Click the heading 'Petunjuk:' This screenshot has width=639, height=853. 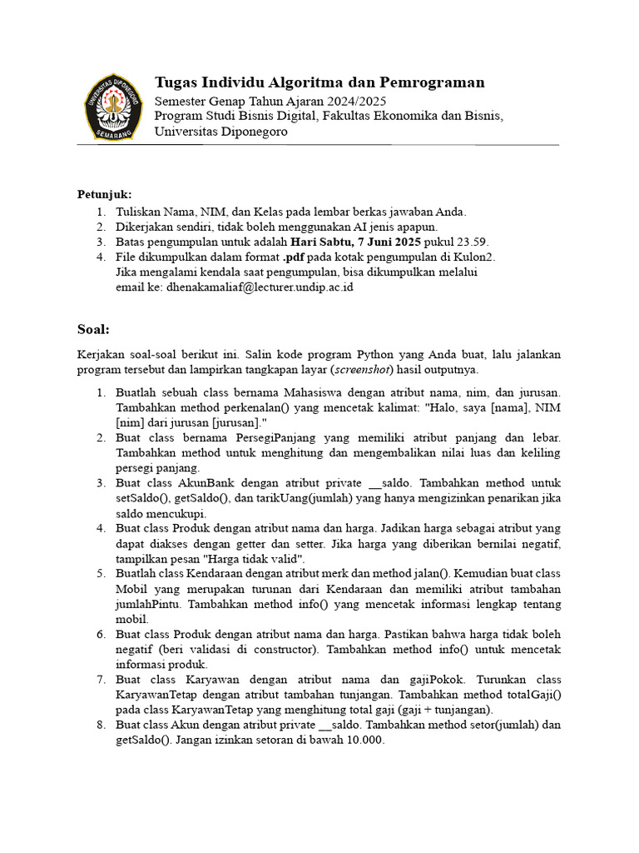click(x=105, y=194)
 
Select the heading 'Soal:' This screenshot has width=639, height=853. click(x=93, y=328)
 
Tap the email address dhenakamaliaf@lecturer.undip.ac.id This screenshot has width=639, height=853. click(x=261, y=287)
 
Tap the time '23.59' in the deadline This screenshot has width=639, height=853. click(x=471, y=242)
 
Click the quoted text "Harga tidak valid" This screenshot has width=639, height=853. click(x=251, y=558)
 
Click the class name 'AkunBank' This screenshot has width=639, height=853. click(x=206, y=483)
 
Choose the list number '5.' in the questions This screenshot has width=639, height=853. click(x=101, y=573)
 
